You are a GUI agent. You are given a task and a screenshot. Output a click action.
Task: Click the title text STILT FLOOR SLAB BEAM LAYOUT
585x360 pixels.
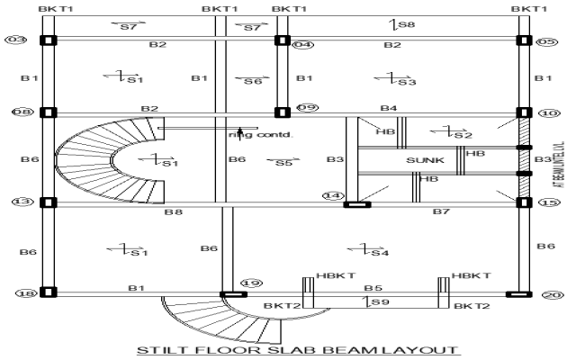click(297, 350)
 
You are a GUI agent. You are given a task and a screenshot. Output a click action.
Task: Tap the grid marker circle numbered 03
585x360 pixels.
click(15, 40)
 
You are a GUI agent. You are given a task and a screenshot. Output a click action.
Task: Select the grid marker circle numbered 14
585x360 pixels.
click(333, 195)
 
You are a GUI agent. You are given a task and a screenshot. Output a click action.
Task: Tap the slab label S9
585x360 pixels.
click(382, 303)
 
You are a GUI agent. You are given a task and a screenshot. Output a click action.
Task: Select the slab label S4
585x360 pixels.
click(380, 253)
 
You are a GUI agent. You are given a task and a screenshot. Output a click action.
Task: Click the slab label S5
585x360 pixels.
click(283, 163)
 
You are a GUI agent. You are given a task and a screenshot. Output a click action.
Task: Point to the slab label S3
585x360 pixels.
click(407, 82)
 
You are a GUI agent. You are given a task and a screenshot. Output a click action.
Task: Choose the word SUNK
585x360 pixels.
click(425, 160)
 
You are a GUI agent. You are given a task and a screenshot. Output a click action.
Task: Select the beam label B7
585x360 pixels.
click(440, 211)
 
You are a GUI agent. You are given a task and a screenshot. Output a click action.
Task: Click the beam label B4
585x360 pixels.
click(388, 108)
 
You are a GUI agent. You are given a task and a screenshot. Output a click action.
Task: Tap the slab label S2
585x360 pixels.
click(463, 135)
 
